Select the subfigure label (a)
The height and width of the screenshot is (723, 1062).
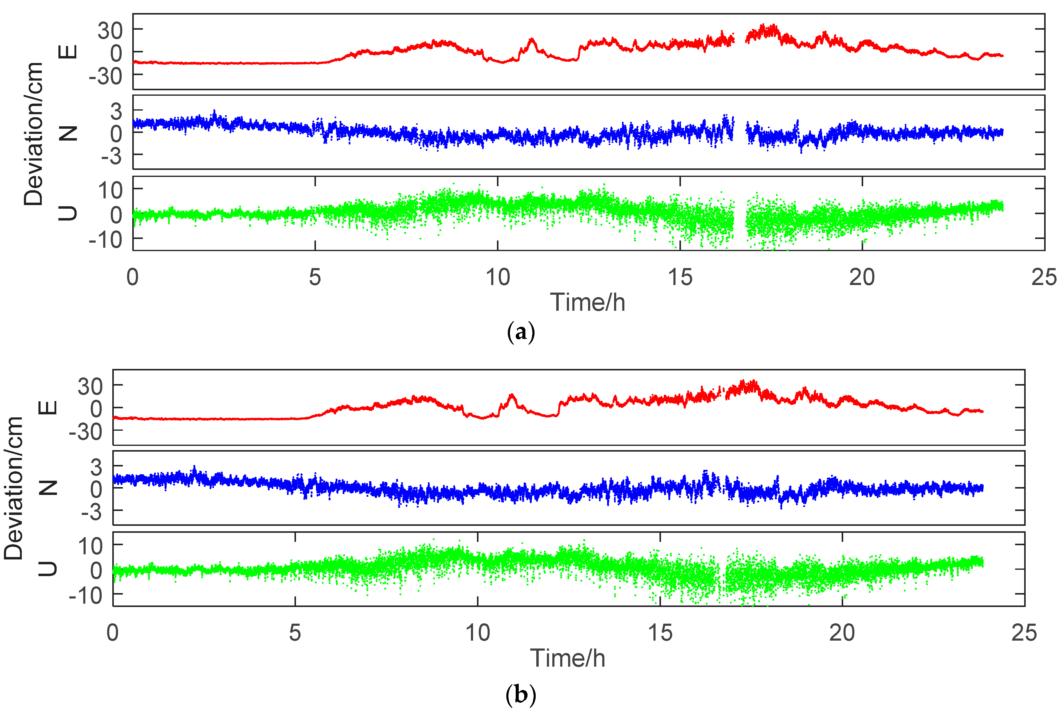click(x=521, y=333)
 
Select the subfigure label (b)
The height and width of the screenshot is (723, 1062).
click(x=521, y=695)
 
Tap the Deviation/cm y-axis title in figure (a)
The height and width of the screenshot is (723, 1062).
click(x=33, y=134)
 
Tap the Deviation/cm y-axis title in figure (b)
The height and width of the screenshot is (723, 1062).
click(x=14, y=488)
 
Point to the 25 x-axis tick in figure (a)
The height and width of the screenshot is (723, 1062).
click(x=1044, y=277)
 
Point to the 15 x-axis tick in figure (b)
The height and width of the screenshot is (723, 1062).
click(x=660, y=633)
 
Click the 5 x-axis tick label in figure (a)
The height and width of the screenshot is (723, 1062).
click(x=315, y=277)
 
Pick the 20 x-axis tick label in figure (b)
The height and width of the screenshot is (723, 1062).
click(x=842, y=633)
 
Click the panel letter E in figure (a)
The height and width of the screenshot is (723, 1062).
click(x=68, y=52)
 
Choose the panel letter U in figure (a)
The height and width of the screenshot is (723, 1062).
click(x=68, y=213)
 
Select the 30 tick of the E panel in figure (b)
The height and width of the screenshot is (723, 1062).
click(x=90, y=387)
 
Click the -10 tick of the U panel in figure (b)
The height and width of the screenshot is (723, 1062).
click(x=86, y=596)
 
